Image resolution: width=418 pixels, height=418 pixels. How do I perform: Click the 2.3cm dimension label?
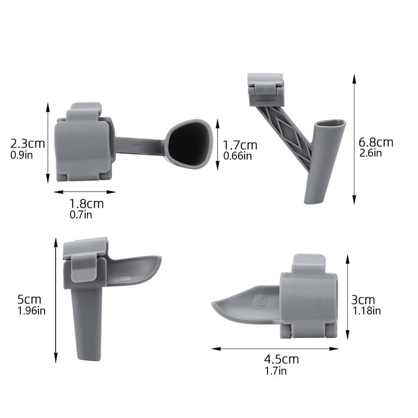click(x=28, y=144)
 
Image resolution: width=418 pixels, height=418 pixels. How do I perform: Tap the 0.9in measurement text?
click(x=22, y=155)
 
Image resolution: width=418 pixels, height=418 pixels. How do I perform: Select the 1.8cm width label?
click(x=86, y=204)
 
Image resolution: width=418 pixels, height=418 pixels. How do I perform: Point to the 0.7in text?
click(x=81, y=215)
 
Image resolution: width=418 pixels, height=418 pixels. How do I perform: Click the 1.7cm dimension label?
click(x=240, y=145)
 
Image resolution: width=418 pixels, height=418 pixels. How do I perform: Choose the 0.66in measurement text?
click(x=238, y=156)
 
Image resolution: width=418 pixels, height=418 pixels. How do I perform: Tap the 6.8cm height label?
click(x=376, y=142)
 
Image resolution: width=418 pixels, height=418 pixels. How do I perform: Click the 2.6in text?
click(x=370, y=153)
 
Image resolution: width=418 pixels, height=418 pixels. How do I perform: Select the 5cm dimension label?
click(x=29, y=299)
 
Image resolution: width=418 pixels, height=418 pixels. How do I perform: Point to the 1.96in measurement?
click(x=32, y=311)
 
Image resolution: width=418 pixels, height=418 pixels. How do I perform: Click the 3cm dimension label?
click(x=363, y=300)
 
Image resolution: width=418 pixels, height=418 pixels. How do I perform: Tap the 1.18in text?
click(x=367, y=311)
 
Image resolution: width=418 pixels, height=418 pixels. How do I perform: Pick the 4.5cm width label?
click(x=281, y=359)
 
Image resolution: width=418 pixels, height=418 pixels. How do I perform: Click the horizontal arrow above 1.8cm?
click(x=85, y=192)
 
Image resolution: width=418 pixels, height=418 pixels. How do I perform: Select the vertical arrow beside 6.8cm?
click(x=354, y=139)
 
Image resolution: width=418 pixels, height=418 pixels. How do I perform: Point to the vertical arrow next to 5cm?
click(x=56, y=300)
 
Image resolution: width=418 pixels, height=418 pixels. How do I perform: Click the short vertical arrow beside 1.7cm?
click(x=217, y=144)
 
